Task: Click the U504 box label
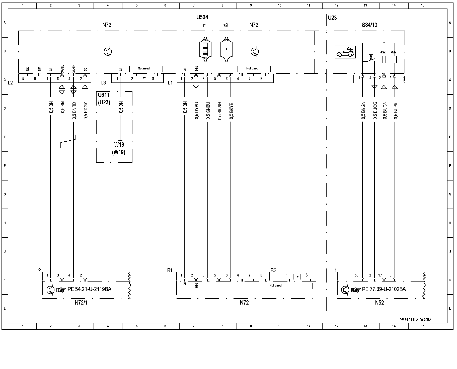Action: click(x=202, y=17)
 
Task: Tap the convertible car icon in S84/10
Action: click(x=345, y=52)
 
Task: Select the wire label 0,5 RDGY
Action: click(x=86, y=110)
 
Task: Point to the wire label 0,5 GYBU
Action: click(x=196, y=110)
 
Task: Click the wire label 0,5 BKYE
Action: click(x=231, y=110)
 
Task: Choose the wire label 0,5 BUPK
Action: click(x=396, y=110)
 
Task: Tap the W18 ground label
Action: click(x=119, y=145)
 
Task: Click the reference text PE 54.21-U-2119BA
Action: click(x=89, y=289)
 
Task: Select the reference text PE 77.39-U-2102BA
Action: click(x=384, y=289)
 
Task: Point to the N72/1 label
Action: click(x=81, y=303)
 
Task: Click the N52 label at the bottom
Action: click(x=379, y=303)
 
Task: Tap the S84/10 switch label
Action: click(x=369, y=25)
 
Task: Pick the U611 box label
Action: click(x=104, y=95)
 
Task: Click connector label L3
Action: click(x=103, y=82)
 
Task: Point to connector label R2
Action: click(x=273, y=270)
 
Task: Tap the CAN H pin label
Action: click(x=74, y=68)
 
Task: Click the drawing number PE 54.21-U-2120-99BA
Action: click(x=415, y=320)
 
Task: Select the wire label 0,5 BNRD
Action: click(x=74, y=110)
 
